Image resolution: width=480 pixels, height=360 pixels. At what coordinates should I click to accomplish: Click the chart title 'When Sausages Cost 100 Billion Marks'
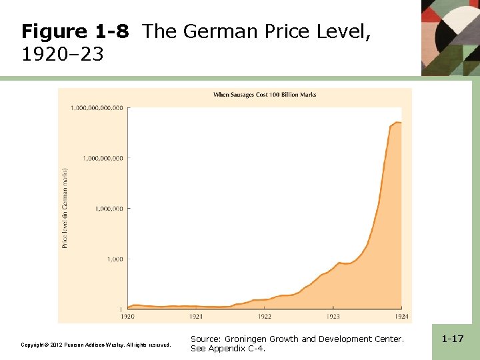pyautogui.click(x=264, y=95)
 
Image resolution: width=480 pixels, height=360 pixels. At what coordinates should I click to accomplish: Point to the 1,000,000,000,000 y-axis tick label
pyautogui.click(x=97, y=107)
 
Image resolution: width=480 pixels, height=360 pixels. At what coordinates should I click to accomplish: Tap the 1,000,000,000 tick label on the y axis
pyautogui.click(x=103, y=158)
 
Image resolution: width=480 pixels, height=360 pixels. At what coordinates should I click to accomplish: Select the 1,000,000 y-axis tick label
pyautogui.click(x=109, y=209)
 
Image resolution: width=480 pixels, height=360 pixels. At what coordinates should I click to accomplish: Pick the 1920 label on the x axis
pyautogui.click(x=128, y=316)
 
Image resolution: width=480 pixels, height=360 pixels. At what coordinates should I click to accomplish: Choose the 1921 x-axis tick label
pyautogui.click(x=196, y=316)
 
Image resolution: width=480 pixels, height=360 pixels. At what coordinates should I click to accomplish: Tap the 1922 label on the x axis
pyautogui.click(x=265, y=316)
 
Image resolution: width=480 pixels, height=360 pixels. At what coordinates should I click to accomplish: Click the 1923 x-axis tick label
pyautogui.click(x=333, y=316)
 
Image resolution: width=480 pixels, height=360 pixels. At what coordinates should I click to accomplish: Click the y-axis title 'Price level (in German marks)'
pyautogui.click(x=65, y=208)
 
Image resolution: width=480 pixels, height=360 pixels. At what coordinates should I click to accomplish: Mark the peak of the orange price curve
pyautogui.click(x=397, y=122)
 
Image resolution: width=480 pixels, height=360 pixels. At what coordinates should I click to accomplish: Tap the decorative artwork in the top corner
pyautogui.click(x=450, y=37)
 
